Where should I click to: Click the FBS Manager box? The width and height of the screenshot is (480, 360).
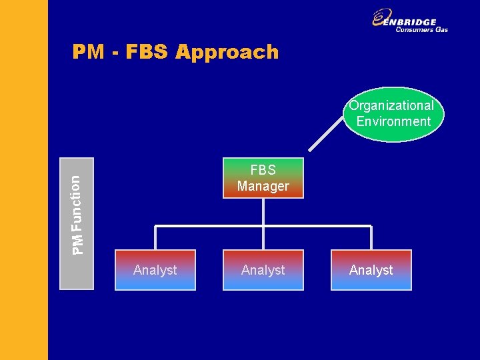(263, 178)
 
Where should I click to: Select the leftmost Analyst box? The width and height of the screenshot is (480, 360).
(155, 270)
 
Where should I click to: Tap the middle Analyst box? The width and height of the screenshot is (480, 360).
(263, 270)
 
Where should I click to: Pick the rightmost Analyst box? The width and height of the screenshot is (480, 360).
(371, 270)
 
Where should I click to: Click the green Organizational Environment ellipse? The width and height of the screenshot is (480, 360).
(393, 114)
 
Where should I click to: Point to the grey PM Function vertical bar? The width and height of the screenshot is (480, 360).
(77, 223)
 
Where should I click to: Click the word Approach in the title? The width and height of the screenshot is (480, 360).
(227, 52)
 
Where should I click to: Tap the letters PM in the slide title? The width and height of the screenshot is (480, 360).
(88, 52)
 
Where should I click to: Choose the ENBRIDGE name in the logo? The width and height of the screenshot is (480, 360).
(414, 21)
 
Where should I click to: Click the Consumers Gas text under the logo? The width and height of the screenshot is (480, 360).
(421, 30)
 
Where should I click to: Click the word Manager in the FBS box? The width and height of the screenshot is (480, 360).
(263, 187)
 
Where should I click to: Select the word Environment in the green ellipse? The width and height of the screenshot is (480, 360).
(393, 122)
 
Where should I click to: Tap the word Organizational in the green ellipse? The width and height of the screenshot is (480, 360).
(391, 105)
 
